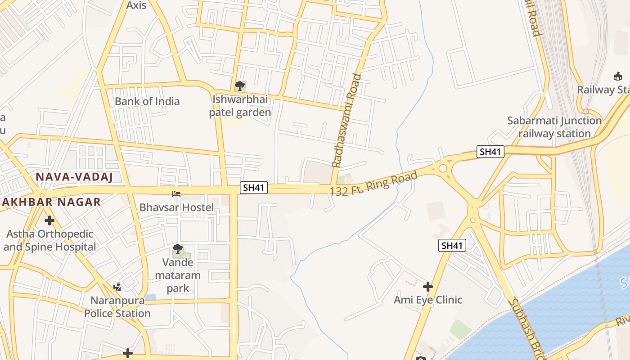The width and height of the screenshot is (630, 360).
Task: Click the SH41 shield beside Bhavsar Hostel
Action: pos(253,187)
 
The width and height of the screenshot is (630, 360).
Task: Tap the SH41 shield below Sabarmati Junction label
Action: pos(490,152)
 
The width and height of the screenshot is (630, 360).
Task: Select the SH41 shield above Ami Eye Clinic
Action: pos(452,245)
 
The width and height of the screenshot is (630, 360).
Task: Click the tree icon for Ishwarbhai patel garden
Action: pos(240,85)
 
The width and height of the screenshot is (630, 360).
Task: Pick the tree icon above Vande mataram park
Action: pos(178,249)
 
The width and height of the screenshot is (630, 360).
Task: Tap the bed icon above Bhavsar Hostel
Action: pos(176,194)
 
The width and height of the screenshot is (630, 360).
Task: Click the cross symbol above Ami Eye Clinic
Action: pos(427,286)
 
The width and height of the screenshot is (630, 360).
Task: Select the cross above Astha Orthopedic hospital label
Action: pos(49,220)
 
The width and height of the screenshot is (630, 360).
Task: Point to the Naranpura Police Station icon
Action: pos(117,287)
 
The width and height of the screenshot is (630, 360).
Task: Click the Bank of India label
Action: pos(147,101)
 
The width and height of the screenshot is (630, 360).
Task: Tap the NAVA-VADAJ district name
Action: pos(74,177)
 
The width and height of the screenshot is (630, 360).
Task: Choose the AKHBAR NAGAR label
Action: pos(50,202)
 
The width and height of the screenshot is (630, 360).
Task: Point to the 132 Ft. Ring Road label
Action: pos(373,183)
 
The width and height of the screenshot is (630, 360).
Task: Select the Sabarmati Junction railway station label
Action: pos(554,127)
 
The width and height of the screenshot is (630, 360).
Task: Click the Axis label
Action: pos(136,5)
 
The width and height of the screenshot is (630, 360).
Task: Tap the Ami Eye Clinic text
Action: pos(428,300)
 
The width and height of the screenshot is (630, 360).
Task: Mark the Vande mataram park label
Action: pos(178,275)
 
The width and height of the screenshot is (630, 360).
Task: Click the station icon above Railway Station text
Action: pos(617,76)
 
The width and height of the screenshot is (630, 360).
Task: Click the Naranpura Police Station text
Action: pos(117,306)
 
